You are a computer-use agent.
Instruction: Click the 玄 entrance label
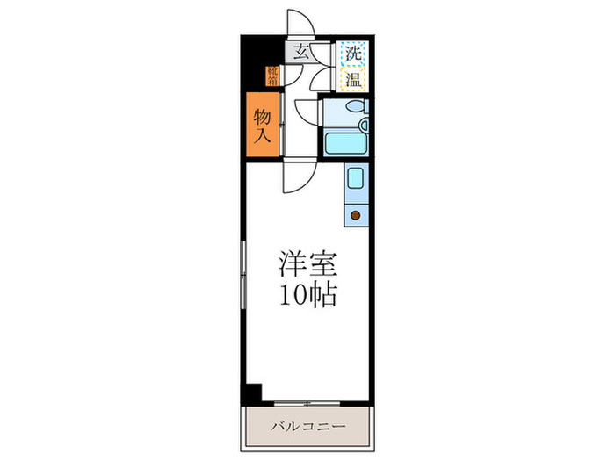[x=301, y=52]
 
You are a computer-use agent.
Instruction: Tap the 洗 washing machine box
[x=353, y=52]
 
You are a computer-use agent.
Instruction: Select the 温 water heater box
[x=353, y=79]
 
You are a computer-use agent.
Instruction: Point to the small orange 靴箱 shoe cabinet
[x=272, y=78]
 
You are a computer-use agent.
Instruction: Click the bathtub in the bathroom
[x=344, y=143]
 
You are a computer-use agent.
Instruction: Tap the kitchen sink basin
[x=355, y=180]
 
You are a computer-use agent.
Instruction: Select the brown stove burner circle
[x=355, y=214]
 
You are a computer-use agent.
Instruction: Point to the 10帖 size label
[x=307, y=296]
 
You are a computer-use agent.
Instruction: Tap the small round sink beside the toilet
[x=330, y=110]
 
